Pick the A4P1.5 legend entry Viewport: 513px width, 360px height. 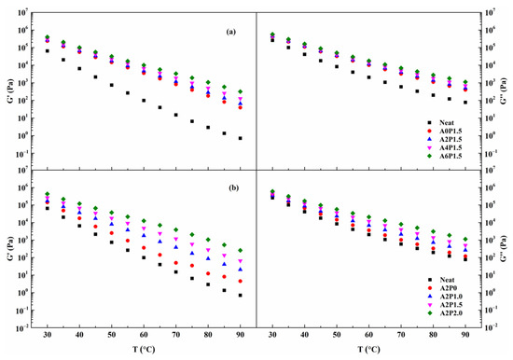click(448, 145)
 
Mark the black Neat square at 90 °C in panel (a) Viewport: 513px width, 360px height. click(241, 138)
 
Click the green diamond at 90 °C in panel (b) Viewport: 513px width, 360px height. click(241, 251)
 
